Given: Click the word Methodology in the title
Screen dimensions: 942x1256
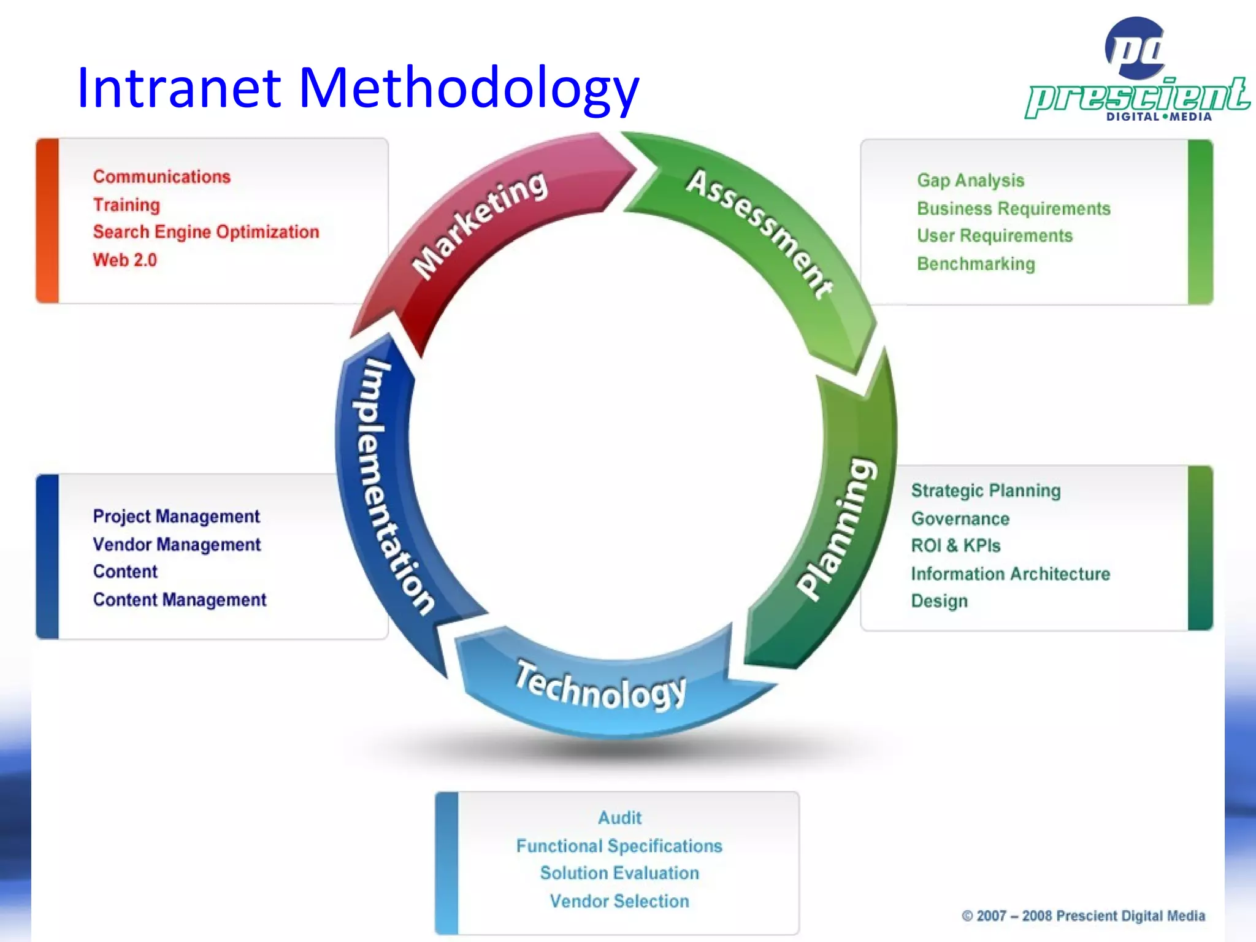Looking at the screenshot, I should click(x=469, y=89).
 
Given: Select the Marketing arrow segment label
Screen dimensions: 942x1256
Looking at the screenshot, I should click(x=479, y=224).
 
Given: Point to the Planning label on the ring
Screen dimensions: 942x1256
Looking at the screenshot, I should click(x=837, y=528).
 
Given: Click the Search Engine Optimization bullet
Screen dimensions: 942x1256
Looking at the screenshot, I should click(x=206, y=232).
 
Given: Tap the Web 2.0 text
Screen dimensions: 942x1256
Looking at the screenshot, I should click(x=125, y=260).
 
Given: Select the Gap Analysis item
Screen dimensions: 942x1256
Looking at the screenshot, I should click(x=970, y=180).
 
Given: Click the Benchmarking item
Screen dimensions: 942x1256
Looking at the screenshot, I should click(x=976, y=264).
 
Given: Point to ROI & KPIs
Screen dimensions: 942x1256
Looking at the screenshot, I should click(x=955, y=546).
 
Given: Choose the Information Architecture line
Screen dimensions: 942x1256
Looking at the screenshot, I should click(x=1010, y=574).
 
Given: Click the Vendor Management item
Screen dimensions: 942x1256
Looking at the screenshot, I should click(x=177, y=545).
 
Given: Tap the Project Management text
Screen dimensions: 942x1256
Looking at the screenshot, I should click(x=176, y=516).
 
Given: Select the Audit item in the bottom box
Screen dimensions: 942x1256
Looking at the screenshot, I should click(x=619, y=818).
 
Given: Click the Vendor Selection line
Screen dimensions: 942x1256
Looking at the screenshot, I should click(x=619, y=901).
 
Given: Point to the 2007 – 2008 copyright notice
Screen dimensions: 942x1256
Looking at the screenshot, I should click(x=1083, y=916).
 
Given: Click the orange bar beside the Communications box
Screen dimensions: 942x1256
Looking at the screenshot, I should click(x=47, y=221).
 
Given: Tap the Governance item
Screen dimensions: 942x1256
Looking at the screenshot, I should click(x=960, y=519).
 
